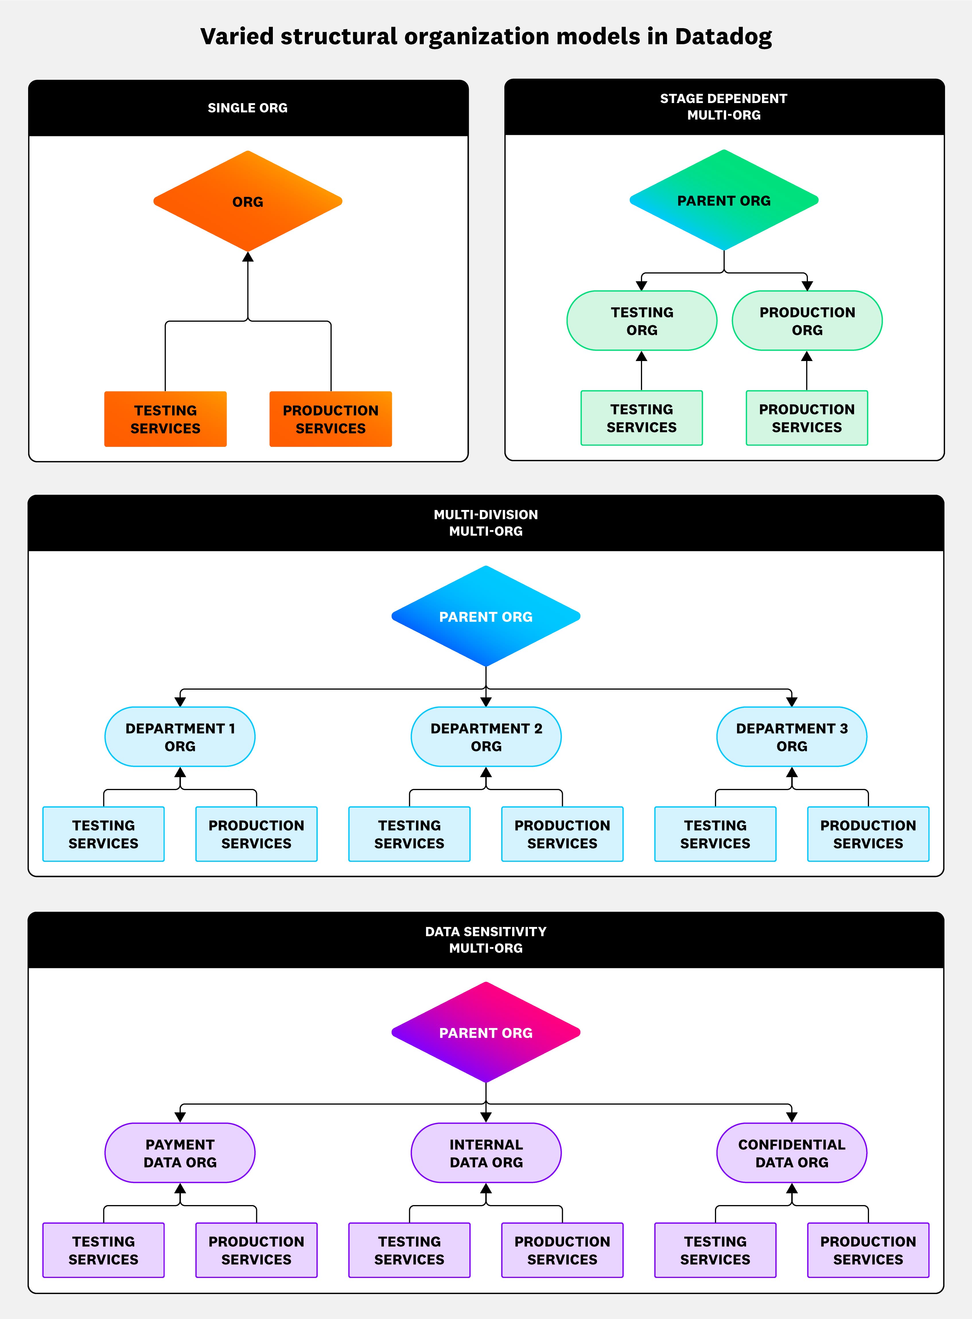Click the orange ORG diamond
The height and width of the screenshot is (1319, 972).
tap(248, 201)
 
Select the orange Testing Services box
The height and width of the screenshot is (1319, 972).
tap(165, 419)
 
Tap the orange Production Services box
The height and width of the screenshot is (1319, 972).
tap(331, 419)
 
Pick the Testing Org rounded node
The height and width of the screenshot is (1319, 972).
tap(642, 321)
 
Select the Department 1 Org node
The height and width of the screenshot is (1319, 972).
tap(180, 737)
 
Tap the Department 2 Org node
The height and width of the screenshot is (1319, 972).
tap(486, 737)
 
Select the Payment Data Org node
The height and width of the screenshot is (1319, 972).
tap(180, 1153)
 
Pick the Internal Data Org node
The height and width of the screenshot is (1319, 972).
tap(486, 1153)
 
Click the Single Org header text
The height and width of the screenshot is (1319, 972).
tap(248, 108)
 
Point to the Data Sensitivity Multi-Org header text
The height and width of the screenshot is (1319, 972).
tap(486, 939)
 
